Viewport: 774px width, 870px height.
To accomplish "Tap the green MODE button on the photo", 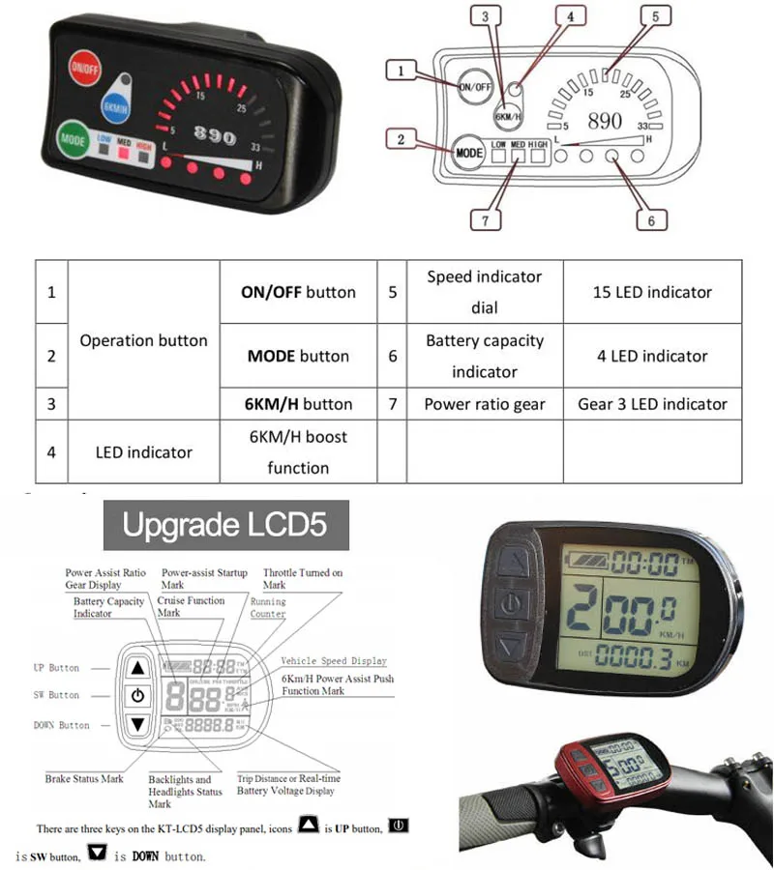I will tap(74, 137).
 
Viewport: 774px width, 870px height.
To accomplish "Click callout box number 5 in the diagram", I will tap(655, 16).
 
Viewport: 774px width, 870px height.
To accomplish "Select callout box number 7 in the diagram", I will tap(487, 219).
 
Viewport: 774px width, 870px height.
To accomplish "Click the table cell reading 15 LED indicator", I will tap(652, 292).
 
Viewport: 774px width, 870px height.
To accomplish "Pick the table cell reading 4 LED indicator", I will tap(652, 356).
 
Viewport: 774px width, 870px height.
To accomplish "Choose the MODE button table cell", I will tap(298, 356).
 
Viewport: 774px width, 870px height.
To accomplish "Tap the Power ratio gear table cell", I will tap(485, 404).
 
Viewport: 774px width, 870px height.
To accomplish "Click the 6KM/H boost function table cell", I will tap(298, 451).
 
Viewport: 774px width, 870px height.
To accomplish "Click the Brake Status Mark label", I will tap(84, 779).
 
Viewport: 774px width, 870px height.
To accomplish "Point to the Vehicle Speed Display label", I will tap(334, 661).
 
